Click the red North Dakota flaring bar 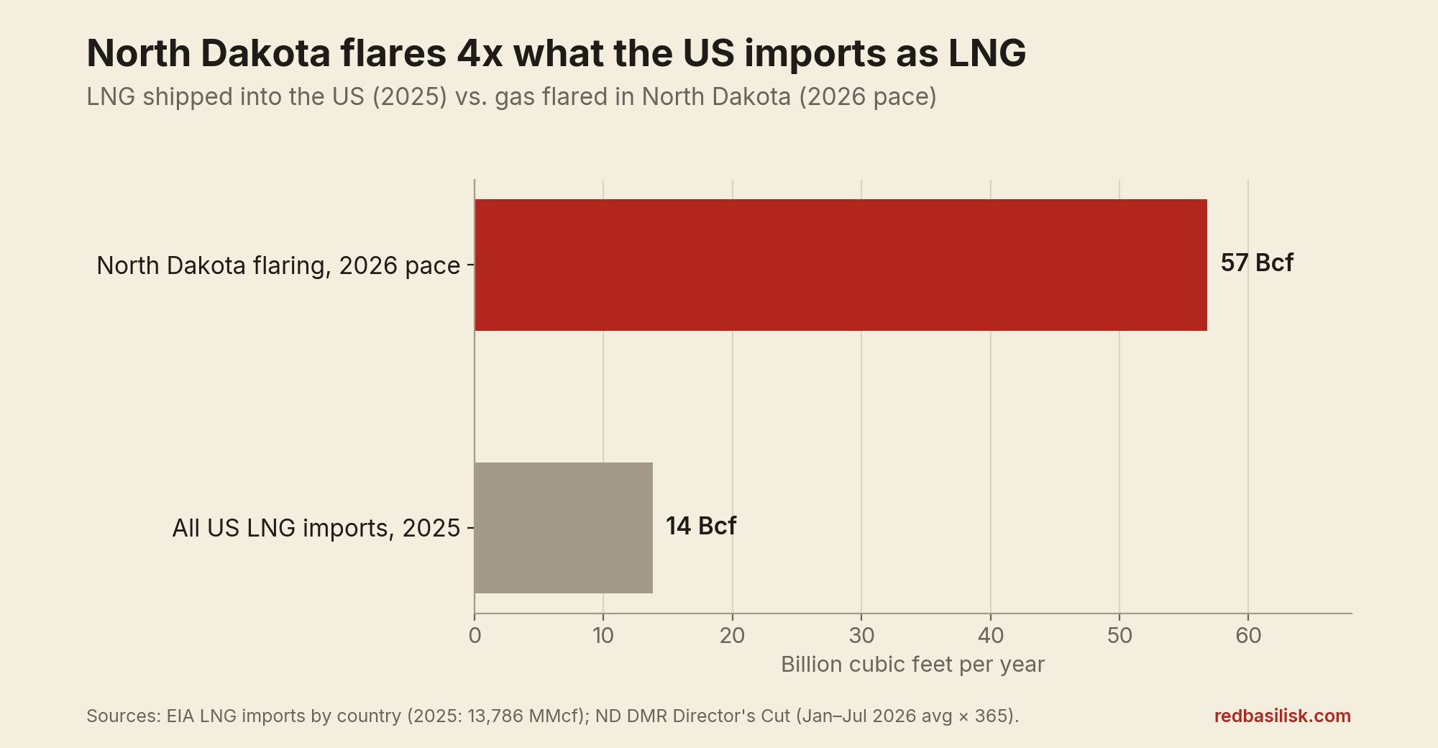point(841,265)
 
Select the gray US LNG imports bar point(564,528)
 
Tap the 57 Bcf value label point(1257,263)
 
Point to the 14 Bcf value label point(701,526)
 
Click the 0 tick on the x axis point(475,636)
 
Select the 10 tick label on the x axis point(603,636)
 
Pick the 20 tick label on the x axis point(733,636)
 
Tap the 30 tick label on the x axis point(861,636)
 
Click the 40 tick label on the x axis point(991,636)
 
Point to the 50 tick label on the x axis point(1119,636)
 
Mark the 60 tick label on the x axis point(1248,636)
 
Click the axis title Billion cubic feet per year point(912,665)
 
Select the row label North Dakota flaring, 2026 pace point(278,266)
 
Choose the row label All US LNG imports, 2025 point(316,529)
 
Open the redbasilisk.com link point(1283,716)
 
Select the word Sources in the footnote point(123,716)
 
